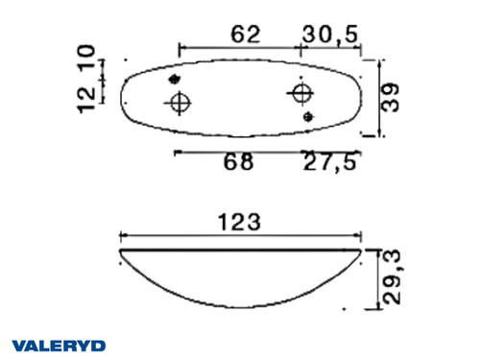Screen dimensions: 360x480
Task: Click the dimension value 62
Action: [x=246, y=35]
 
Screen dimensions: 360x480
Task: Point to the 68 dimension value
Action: [x=239, y=162]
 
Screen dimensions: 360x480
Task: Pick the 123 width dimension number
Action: [x=240, y=221]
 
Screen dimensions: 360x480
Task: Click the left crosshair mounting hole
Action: [x=180, y=103]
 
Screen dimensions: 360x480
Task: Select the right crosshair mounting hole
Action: [x=300, y=93]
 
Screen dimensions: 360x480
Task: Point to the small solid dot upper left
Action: [x=174, y=79]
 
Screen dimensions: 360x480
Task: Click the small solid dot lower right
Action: [x=308, y=116]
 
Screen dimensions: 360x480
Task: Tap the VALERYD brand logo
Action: [x=59, y=345]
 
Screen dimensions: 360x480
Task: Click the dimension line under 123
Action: [x=240, y=235]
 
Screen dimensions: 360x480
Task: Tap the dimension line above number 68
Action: [x=239, y=152]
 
